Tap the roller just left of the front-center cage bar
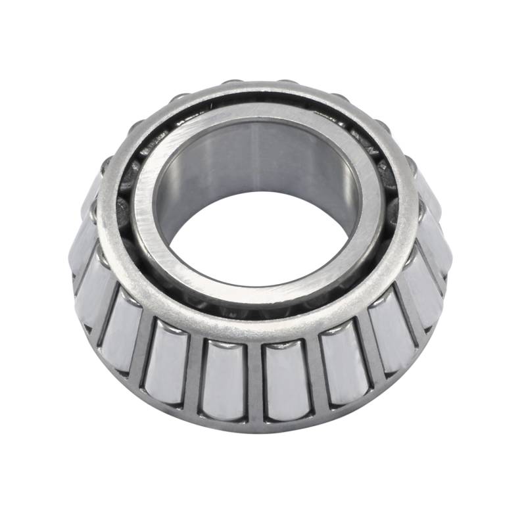pyautogui.click(x=224, y=379)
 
